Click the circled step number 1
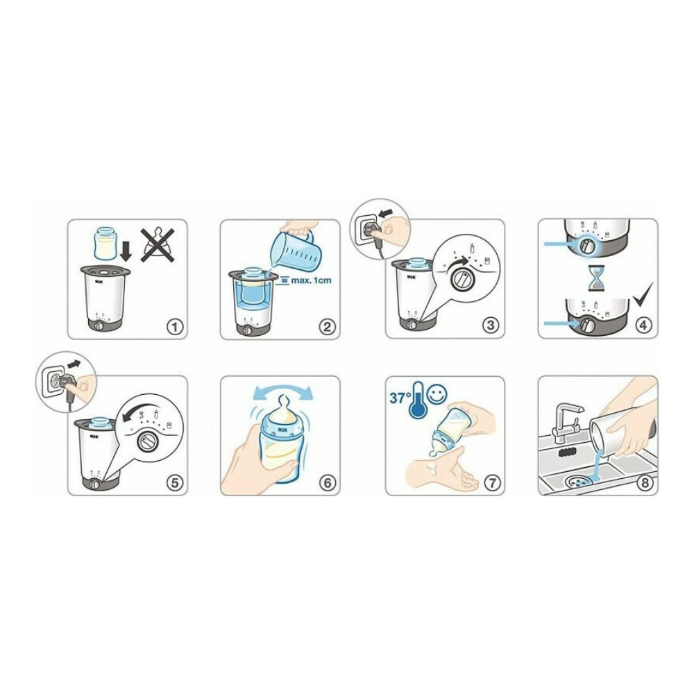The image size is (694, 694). point(175,327)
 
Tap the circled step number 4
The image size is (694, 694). point(644,325)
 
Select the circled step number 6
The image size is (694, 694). point(328,483)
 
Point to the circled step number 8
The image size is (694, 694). point(645,482)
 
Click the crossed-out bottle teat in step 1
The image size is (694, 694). point(158,245)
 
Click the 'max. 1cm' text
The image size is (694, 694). point(311,280)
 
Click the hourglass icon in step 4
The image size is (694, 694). point(597,279)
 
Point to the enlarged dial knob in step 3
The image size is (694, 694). point(463,279)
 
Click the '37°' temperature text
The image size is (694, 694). point(400,398)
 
